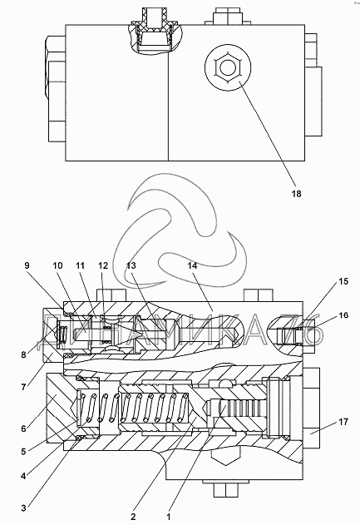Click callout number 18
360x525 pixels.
[297, 194]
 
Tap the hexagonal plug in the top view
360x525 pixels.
[228, 68]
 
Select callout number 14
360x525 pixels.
[192, 265]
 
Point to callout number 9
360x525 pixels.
[27, 265]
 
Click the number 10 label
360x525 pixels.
[57, 265]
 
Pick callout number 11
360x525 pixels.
[80, 265]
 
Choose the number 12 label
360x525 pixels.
[103, 265]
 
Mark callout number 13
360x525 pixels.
[131, 265]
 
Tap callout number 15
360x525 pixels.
[343, 281]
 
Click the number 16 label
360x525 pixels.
[343, 315]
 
